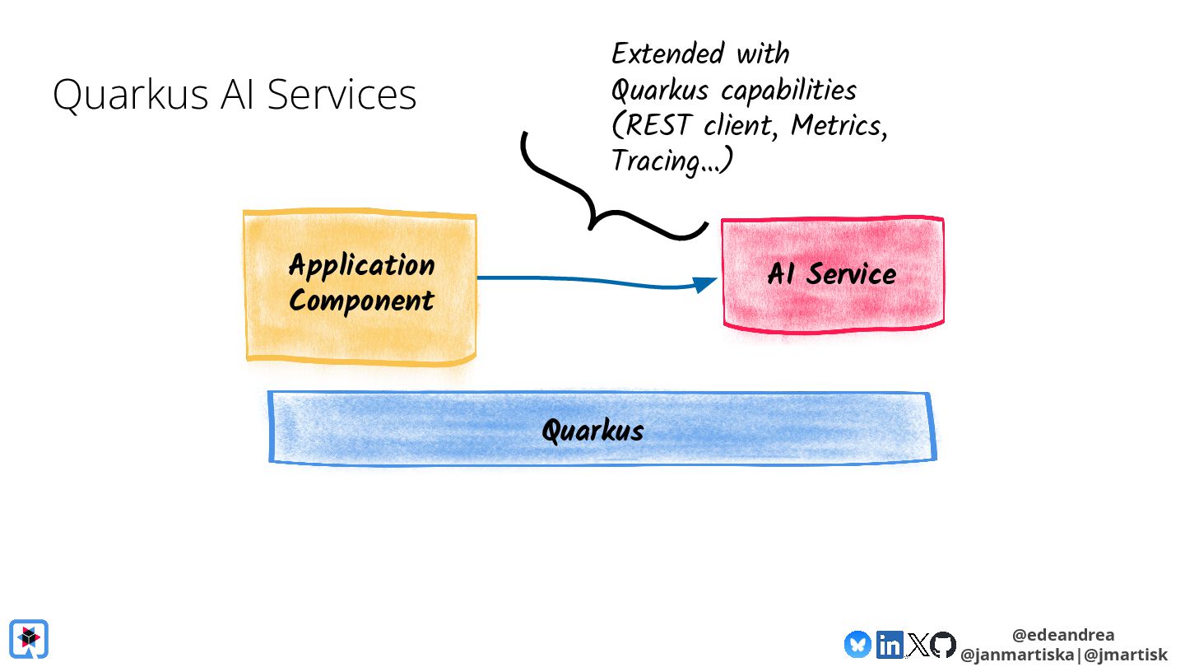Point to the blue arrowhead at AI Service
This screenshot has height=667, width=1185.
(x=704, y=284)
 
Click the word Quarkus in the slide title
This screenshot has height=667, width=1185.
(x=130, y=96)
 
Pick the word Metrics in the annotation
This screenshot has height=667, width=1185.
(x=835, y=126)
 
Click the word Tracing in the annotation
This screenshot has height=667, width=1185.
(x=655, y=161)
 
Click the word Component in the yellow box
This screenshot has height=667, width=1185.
(x=361, y=301)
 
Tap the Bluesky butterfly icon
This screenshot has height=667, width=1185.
(x=857, y=643)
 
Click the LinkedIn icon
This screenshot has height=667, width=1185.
(x=889, y=644)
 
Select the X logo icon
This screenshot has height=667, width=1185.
(x=918, y=644)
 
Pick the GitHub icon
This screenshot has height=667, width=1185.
(x=943, y=644)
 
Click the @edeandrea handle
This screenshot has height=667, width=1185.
(x=1063, y=635)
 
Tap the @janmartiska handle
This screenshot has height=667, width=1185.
(x=1020, y=655)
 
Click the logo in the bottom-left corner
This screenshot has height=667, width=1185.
(x=29, y=639)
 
